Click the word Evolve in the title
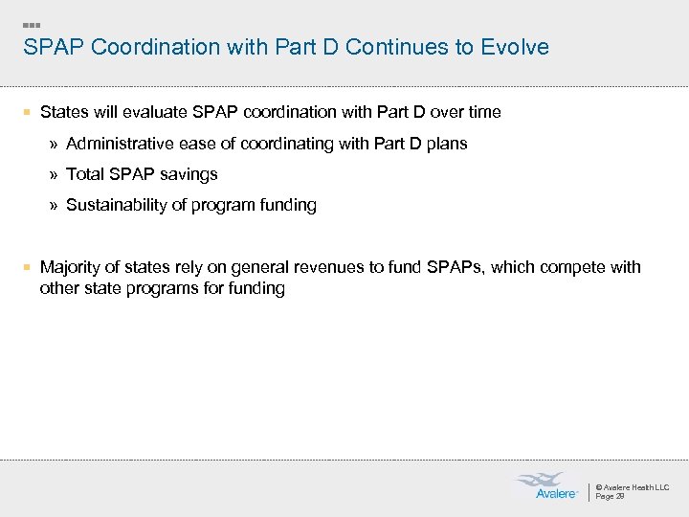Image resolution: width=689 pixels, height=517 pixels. point(519,47)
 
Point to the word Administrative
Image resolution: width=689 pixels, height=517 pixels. point(118,144)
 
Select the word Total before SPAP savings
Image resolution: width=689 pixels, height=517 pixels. point(86,174)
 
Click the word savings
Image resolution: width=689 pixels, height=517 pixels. point(188,174)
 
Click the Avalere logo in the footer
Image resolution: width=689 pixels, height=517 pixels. point(545,486)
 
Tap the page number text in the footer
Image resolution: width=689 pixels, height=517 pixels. point(610,497)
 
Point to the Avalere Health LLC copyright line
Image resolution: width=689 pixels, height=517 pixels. point(632,487)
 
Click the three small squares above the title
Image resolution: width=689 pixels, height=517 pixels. point(32,24)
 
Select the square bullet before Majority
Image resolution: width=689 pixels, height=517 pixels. point(29,267)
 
